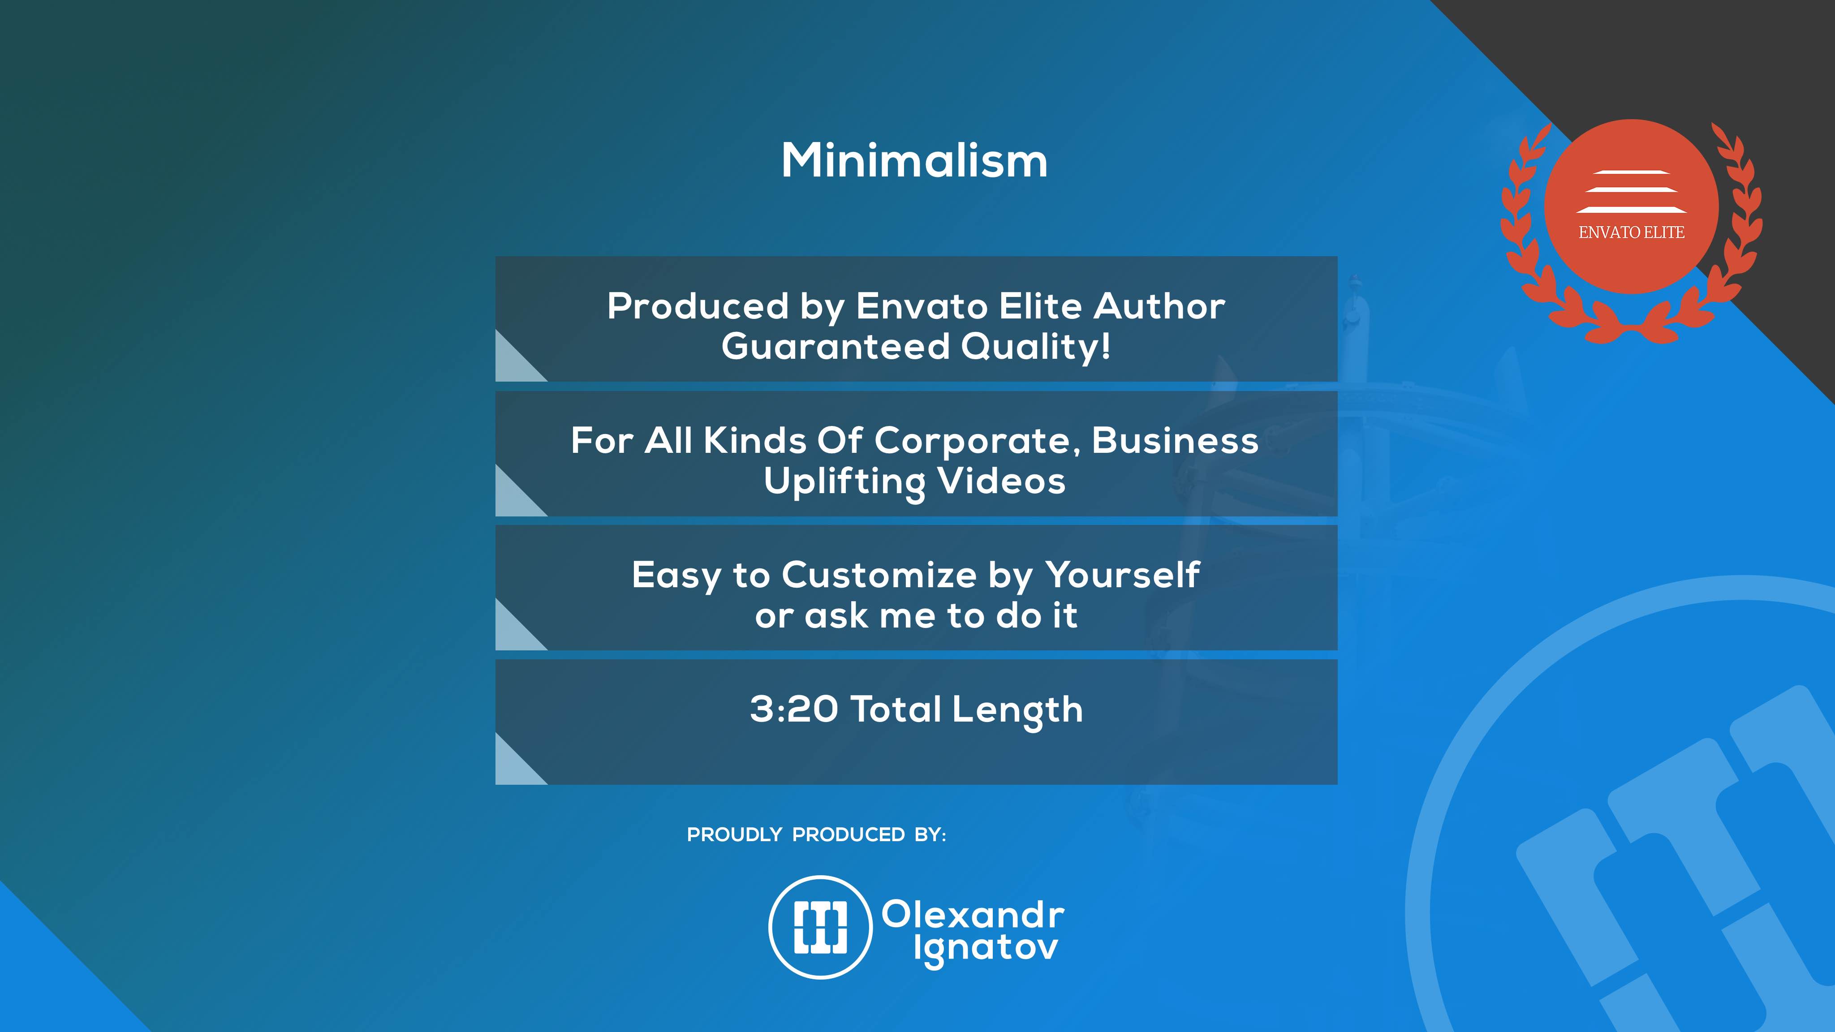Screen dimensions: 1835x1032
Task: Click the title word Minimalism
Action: pyautogui.click(x=915, y=160)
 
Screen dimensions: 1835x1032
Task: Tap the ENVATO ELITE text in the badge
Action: pyautogui.click(x=1631, y=232)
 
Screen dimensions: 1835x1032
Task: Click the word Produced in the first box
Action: pyautogui.click(x=698, y=306)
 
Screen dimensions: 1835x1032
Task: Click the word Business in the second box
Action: pyautogui.click(x=1176, y=440)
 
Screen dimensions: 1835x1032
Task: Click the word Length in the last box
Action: pyautogui.click(x=1017, y=711)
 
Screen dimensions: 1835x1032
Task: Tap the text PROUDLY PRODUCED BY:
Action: pyautogui.click(x=816, y=835)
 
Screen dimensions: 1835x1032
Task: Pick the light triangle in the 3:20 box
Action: pyautogui.click(x=513, y=768)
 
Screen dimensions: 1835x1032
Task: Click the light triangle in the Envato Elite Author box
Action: pyautogui.click(x=513, y=365)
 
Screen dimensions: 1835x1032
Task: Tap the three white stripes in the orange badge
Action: pyautogui.click(x=1631, y=192)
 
